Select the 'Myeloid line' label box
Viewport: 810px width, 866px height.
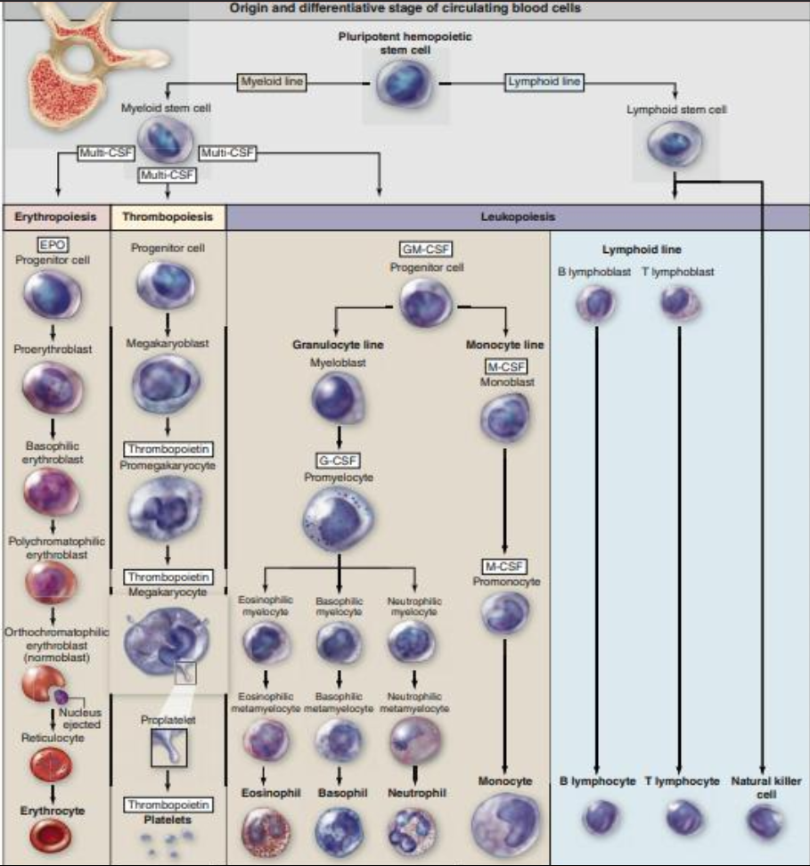pos(271,83)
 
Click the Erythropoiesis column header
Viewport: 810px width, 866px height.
pos(55,216)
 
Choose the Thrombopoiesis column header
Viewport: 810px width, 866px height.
pos(168,216)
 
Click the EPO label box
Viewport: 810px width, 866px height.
pos(54,243)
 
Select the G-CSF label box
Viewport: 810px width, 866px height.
pos(340,460)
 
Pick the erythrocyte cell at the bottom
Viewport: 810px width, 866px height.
pos(54,835)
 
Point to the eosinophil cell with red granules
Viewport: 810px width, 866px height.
pos(265,831)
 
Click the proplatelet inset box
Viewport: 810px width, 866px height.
pos(168,748)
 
